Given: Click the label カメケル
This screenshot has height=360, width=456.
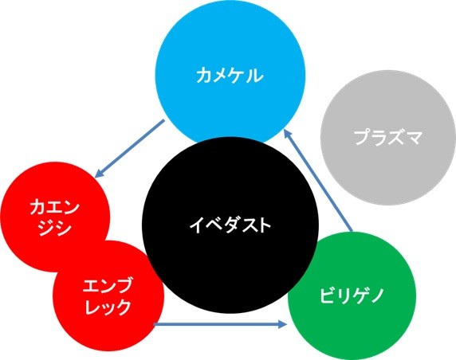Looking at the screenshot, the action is point(230,76).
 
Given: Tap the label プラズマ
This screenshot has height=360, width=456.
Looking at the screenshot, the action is point(388,138).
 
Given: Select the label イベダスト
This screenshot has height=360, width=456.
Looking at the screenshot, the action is point(230,225).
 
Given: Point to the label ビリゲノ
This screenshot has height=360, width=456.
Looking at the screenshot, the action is point(352,295).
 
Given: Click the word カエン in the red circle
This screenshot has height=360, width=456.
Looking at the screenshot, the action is point(55,208).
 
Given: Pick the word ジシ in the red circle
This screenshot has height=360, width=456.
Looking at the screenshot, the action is point(55,228).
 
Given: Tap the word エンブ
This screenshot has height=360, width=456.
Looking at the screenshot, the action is point(108,285).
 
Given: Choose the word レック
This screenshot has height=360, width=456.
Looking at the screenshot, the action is point(108,307).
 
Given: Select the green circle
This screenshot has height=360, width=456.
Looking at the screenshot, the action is point(352,296).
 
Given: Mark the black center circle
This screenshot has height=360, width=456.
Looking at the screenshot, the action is point(230,225).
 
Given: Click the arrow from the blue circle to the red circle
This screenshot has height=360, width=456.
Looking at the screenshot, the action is point(130,148).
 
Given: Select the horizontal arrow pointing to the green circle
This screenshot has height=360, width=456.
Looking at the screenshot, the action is point(221,324).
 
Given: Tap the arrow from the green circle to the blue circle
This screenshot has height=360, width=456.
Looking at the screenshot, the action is point(318,180).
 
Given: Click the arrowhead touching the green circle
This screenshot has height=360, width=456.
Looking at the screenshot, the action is point(283,324).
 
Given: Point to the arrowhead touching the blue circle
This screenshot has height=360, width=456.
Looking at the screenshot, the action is point(287,134).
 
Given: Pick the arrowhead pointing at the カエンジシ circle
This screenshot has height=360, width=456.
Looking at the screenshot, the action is point(100,173).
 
